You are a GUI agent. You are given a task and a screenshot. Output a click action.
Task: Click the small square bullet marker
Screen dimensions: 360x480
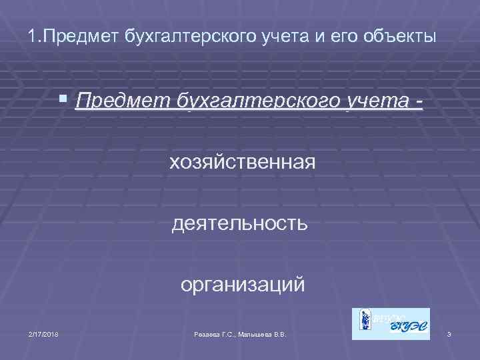tap(63, 99)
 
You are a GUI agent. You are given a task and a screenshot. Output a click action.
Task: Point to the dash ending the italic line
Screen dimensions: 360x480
tap(418, 101)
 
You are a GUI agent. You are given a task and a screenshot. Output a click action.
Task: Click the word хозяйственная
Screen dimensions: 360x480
tap(243, 161)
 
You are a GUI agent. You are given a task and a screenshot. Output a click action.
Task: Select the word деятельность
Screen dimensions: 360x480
tap(239, 223)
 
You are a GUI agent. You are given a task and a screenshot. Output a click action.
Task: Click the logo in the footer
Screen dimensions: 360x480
tap(391, 324)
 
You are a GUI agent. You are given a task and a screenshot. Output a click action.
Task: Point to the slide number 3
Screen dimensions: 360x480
tap(450, 333)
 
